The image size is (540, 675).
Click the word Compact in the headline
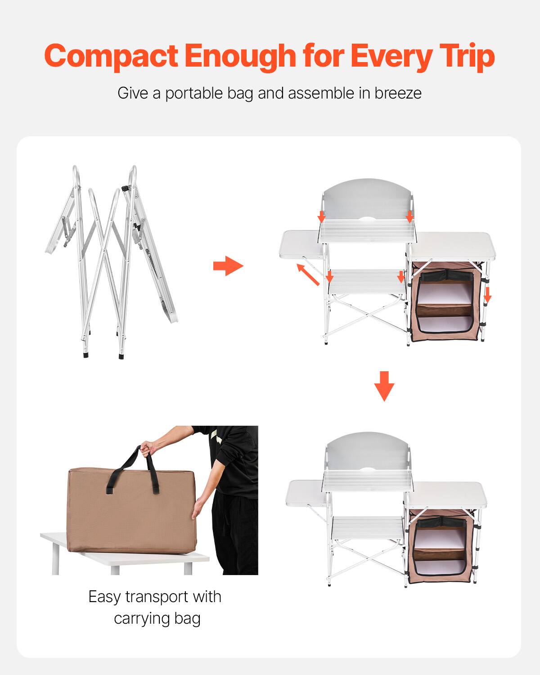pyautogui.click(x=111, y=56)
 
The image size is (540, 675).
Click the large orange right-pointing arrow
pyautogui.click(x=228, y=266)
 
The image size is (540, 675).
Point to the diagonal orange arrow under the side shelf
pyautogui.click(x=308, y=275)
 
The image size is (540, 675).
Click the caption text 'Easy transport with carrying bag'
pyautogui.click(x=155, y=607)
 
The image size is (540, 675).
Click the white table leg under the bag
pyautogui.click(x=55, y=558)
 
